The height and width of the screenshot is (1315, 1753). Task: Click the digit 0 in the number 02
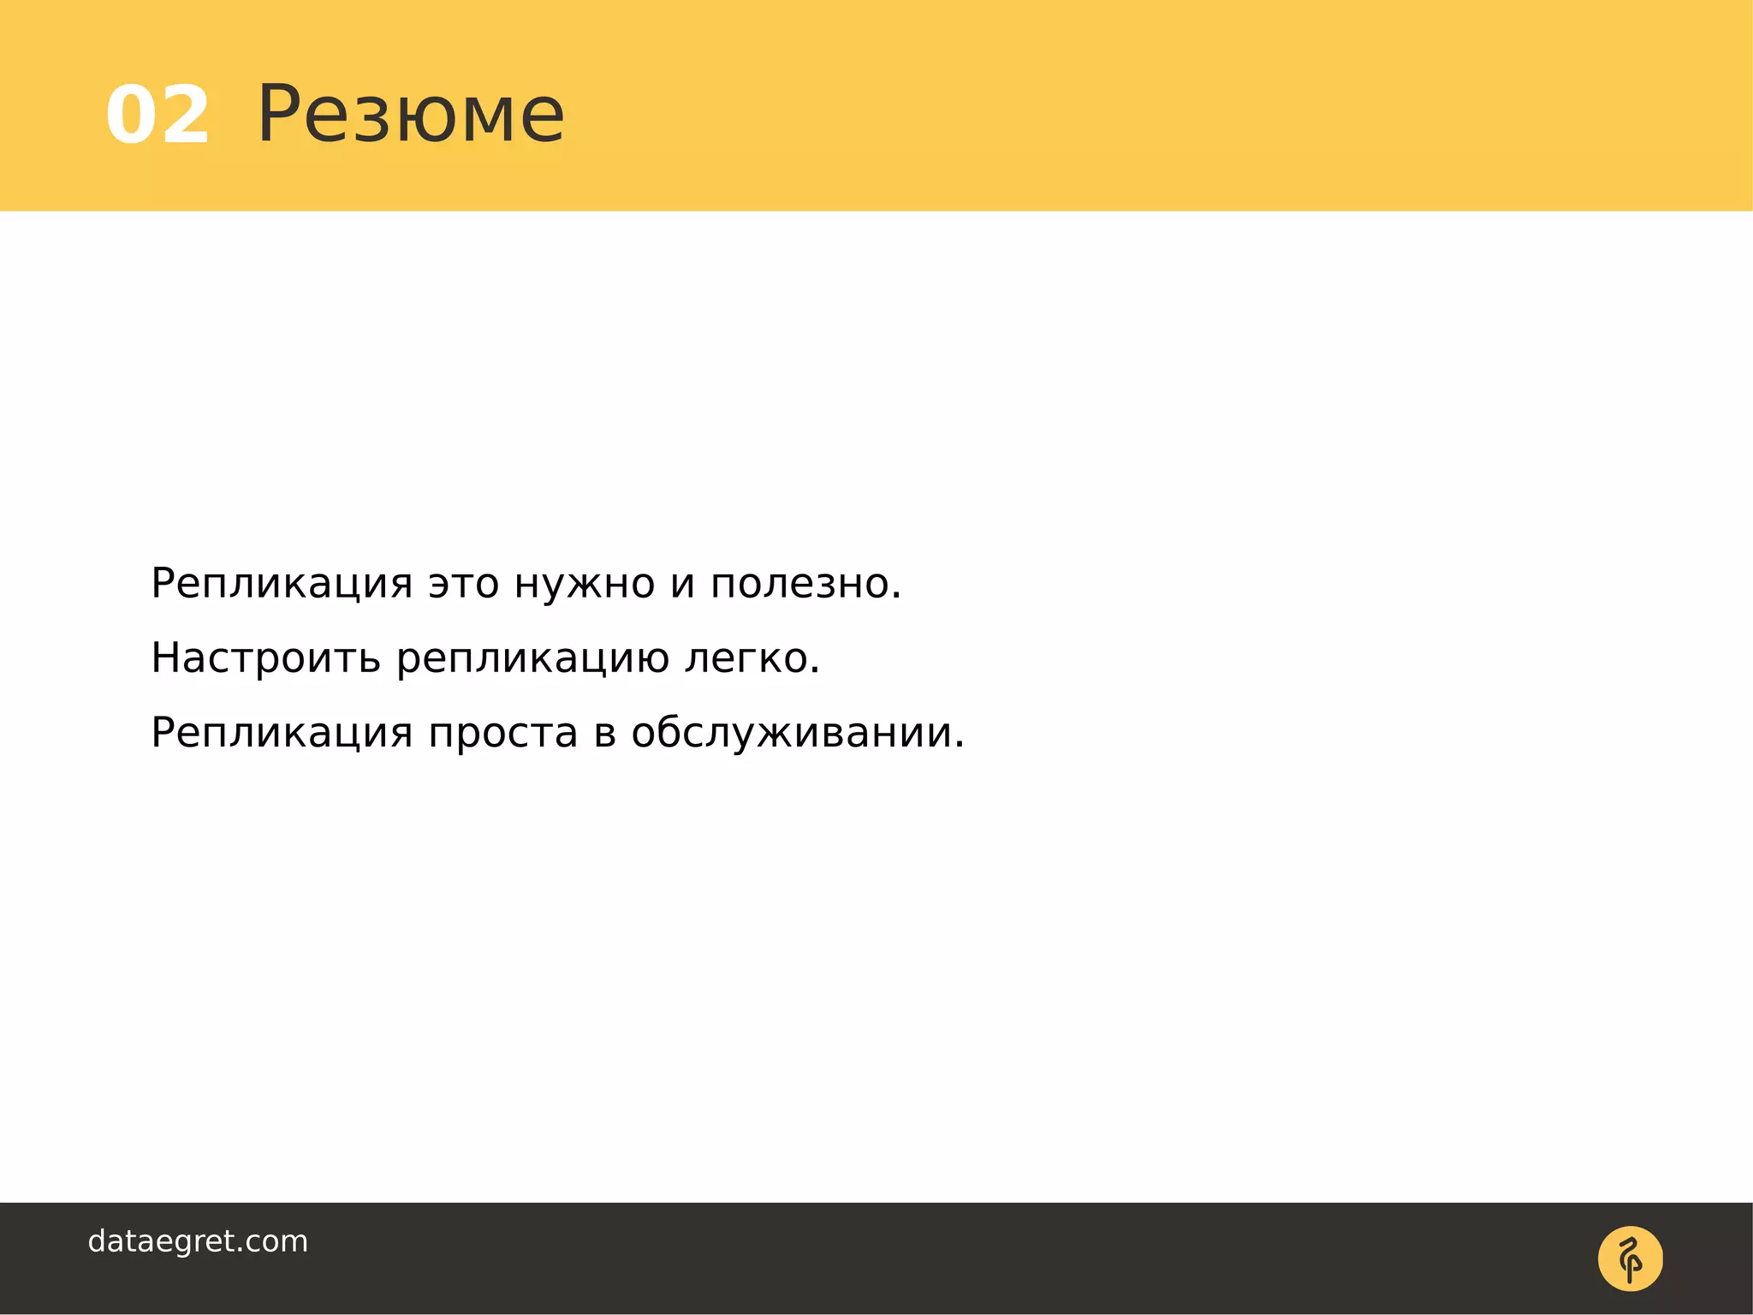click(x=131, y=115)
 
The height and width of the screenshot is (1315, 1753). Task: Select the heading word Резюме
click(x=411, y=115)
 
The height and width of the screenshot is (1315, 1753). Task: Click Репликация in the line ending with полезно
click(x=282, y=585)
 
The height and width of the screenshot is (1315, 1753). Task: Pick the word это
click(x=463, y=585)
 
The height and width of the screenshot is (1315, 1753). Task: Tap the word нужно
click(x=585, y=585)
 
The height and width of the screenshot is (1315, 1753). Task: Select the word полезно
click(x=805, y=585)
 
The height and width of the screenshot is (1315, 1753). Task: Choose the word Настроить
click(x=265, y=658)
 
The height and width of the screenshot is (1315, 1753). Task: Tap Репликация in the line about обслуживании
click(x=282, y=734)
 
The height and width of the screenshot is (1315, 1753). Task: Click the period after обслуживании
click(x=960, y=746)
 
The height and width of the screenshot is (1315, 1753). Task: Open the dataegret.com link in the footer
click(x=198, y=1241)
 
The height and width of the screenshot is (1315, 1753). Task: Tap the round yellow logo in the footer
click(x=1630, y=1258)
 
